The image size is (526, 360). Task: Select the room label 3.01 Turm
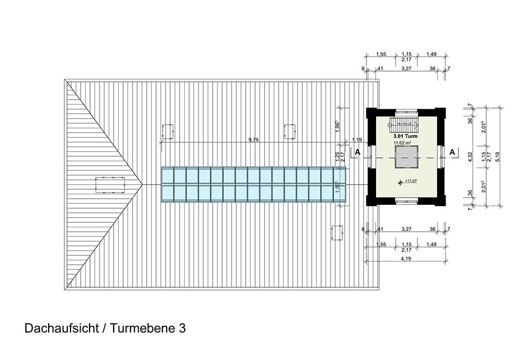(x=406, y=135)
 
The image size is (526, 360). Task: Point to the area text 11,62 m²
(x=406, y=143)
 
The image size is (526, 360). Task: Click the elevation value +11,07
(x=411, y=181)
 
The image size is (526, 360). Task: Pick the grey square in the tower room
(x=406, y=157)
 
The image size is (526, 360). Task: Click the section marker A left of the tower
(x=357, y=152)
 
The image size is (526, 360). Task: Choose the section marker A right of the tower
(x=452, y=152)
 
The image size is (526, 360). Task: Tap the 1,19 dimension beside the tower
(x=356, y=140)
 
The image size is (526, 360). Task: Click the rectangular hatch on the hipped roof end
(x=110, y=185)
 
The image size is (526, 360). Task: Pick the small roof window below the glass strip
(x=337, y=232)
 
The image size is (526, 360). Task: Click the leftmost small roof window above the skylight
(x=167, y=132)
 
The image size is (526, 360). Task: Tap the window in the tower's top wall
(x=406, y=111)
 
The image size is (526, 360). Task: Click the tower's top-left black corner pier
(x=372, y=113)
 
